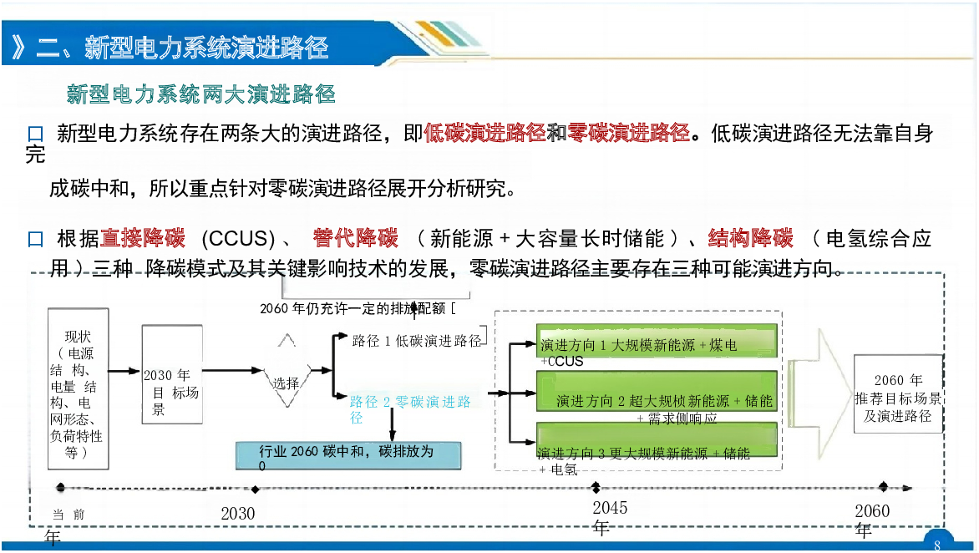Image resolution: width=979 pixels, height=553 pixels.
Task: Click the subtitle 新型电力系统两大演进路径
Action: click(x=201, y=94)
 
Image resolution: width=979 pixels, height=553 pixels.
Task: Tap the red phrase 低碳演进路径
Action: click(x=485, y=133)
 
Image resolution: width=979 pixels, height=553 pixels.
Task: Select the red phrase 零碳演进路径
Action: click(x=629, y=133)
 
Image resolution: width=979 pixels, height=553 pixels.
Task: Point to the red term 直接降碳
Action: click(x=143, y=238)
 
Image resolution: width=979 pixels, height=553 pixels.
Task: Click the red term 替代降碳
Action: click(x=356, y=238)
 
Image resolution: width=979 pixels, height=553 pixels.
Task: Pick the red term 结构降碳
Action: click(x=750, y=238)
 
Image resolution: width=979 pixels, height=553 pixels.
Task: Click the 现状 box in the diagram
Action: click(x=79, y=388)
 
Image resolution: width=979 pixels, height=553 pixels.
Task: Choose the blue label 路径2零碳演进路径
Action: click(x=410, y=408)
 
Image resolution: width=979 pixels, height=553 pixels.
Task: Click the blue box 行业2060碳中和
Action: click(x=347, y=455)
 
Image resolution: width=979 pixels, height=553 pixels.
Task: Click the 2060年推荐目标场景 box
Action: click(x=898, y=393)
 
